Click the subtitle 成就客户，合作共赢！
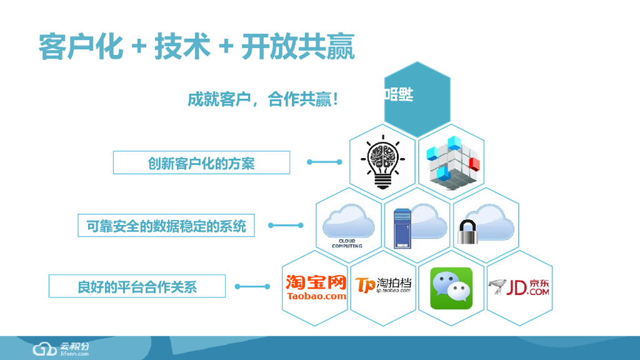pyautogui.click(x=263, y=99)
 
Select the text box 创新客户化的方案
pyautogui.click(x=201, y=162)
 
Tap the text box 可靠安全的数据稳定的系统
pyautogui.click(x=166, y=225)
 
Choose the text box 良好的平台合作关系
pyautogui.click(x=137, y=287)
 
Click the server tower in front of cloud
pyautogui.click(x=402, y=228)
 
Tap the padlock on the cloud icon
pyautogui.click(x=469, y=232)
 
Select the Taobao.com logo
pyautogui.click(x=316, y=287)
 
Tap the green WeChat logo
pyautogui.click(x=451, y=288)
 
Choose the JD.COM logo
pyautogui.click(x=519, y=287)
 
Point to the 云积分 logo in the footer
pyautogui.click(x=61, y=348)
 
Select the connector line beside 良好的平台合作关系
pyautogui.click(x=252, y=287)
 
